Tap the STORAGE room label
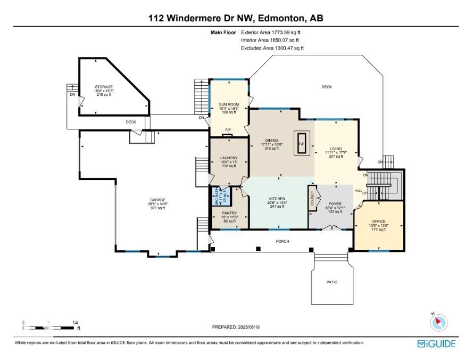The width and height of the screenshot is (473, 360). click(x=104, y=86)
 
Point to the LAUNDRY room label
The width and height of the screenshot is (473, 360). click(x=228, y=158)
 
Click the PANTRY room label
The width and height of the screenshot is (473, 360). click(x=229, y=213)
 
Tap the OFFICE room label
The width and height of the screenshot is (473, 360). click(x=378, y=221)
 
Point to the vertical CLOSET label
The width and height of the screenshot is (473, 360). click(x=312, y=199)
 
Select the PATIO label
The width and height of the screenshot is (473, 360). click(x=332, y=282)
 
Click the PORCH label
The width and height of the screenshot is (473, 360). click(x=283, y=241)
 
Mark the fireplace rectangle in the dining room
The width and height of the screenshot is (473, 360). click(x=301, y=144)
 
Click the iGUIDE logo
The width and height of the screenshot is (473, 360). click(x=436, y=343)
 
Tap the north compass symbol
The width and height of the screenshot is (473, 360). click(x=439, y=322)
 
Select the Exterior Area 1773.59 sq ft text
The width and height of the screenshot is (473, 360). click(x=274, y=32)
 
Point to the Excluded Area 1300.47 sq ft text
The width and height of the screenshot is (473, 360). click(x=272, y=48)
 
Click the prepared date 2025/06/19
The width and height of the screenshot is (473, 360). click(x=236, y=328)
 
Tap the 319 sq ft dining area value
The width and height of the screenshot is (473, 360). click(x=271, y=149)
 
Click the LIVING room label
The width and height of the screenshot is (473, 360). click(x=335, y=149)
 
